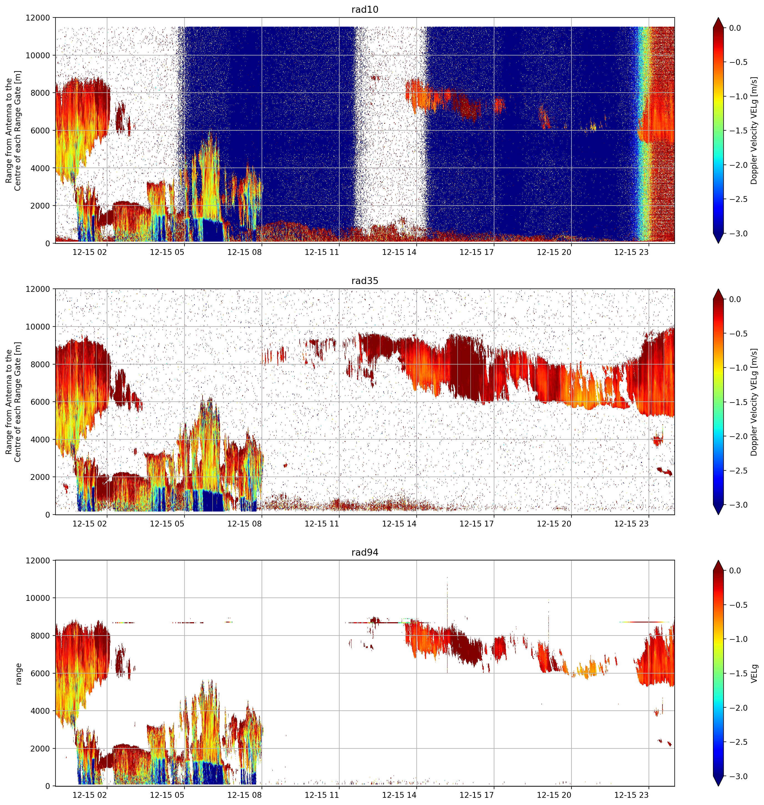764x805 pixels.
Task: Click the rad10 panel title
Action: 365,9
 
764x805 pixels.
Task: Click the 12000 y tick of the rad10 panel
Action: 38,18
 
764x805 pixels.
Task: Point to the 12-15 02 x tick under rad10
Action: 90,252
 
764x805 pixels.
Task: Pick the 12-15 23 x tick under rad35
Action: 631,524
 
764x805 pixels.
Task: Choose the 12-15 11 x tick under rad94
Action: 322,795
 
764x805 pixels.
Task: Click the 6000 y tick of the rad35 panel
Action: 40,402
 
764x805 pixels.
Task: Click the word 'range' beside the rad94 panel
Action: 18,674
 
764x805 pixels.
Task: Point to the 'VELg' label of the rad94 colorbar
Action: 754,674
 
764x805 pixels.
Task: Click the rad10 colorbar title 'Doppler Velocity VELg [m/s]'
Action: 754,130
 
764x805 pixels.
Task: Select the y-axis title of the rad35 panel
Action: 13,402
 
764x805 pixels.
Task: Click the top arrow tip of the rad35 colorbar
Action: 719,289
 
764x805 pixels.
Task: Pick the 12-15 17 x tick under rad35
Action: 477,524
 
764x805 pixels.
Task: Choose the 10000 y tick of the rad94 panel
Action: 38,598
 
